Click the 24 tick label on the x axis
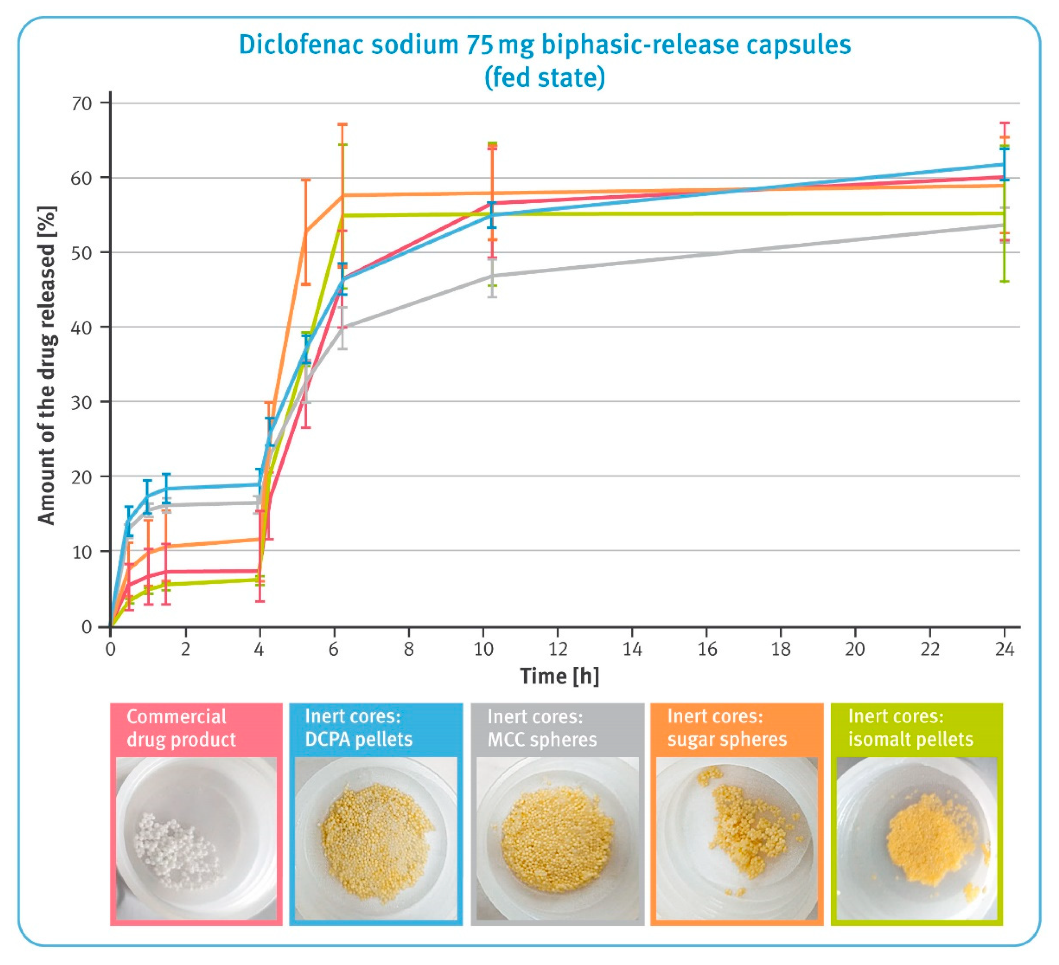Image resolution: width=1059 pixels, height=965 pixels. (1004, 650)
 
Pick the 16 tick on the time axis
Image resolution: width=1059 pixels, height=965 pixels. (707, 650)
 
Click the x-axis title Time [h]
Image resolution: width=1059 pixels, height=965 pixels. (559, 676)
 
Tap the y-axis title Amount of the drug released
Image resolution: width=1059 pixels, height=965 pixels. (47, 365)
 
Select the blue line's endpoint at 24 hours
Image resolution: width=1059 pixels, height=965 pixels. (1004, 165)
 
